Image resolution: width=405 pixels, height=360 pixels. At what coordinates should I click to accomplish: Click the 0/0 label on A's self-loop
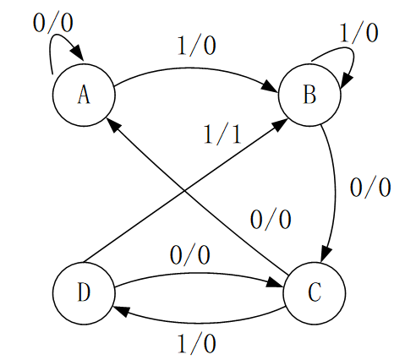click(53, 23)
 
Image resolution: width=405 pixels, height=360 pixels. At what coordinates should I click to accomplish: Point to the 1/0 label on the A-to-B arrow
click(197, 46)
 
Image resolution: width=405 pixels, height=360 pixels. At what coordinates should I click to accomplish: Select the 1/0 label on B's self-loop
click(358, 33)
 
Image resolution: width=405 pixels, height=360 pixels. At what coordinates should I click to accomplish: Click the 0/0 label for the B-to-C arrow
click(370, 188)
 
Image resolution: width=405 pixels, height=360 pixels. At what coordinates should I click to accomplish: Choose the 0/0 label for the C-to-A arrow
click(271, 219)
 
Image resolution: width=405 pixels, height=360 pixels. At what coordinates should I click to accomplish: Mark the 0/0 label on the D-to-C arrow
click(190, 255)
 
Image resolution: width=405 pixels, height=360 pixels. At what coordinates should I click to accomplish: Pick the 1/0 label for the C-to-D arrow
click(197, 344)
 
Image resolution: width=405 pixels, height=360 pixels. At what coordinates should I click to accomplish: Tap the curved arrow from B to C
click(335, 192)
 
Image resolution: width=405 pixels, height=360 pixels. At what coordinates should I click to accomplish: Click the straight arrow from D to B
click(184, 191)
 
